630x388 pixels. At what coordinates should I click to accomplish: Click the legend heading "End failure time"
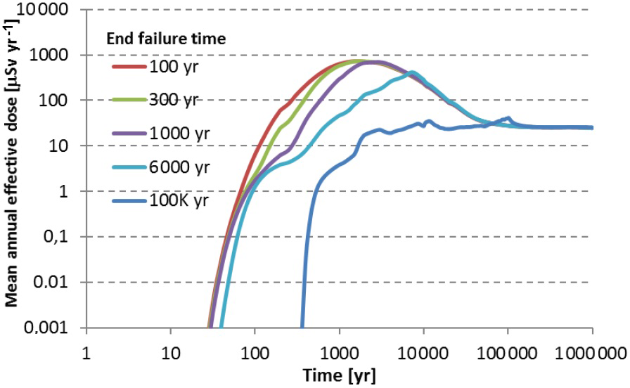pos(165,39)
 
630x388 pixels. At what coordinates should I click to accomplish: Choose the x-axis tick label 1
pos(86,351)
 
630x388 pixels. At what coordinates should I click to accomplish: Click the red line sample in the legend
pos(128,67)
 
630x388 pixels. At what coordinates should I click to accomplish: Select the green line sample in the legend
pos(128,99)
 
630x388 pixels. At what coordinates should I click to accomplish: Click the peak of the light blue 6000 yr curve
pos(412,72)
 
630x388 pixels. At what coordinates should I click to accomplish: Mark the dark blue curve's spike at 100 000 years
pos(508,118)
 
